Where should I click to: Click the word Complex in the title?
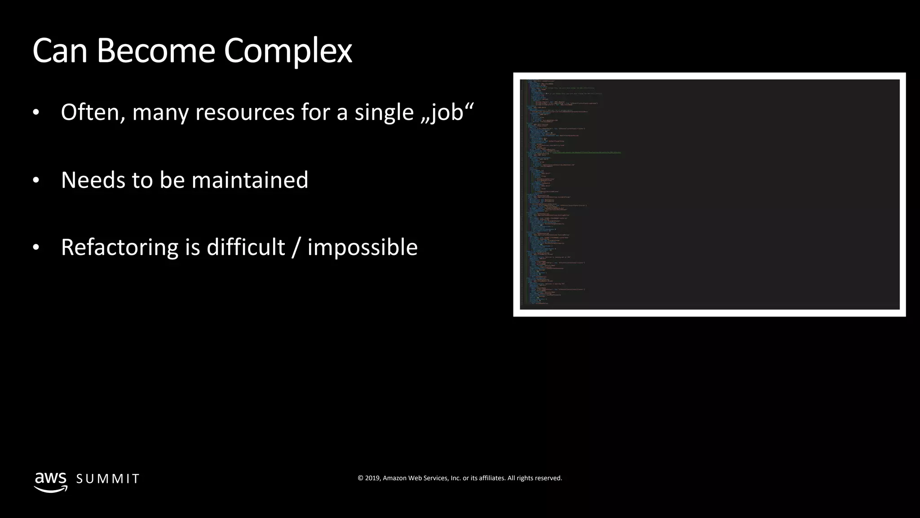[288, 51]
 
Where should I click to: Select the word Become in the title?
[155, 51]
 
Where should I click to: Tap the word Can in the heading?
[60, 51]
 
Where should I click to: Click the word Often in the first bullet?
[93, 112]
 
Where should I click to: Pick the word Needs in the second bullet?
[93, 180]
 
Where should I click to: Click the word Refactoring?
[119, 247]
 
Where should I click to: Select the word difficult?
[246, 247]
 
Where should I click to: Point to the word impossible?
[363, 247]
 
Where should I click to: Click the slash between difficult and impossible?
[296, 247]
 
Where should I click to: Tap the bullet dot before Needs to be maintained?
[36, 181]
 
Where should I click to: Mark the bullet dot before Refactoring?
[36, 248]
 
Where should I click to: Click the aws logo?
[51, 482]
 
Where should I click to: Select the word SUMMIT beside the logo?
[108, 479]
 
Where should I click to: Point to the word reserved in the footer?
[548, 478]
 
